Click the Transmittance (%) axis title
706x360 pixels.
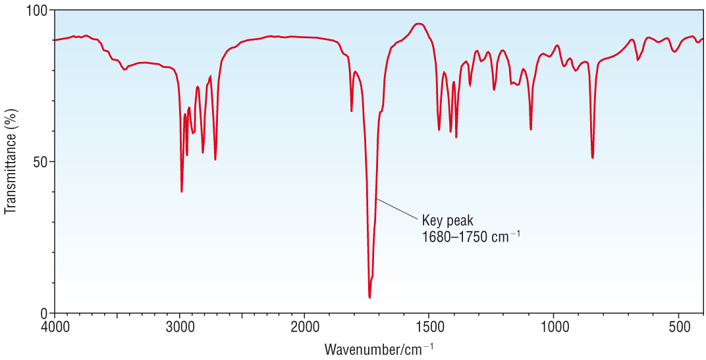(x=11, y=162)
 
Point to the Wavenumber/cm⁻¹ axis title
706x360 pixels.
(x=379, y=348)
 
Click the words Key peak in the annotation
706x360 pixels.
(x=447, y=220)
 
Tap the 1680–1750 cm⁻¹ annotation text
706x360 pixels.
(x=471, y=236)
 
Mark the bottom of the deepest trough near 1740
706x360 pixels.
(x=369, y=297)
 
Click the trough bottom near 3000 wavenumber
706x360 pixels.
(x=182, y=192)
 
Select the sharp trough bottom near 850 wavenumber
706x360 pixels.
(x=593, y=158)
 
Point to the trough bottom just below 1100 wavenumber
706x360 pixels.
(x=531, y=130)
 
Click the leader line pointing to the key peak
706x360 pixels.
(x=396, y=209)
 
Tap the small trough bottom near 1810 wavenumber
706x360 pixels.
(x=352, y=111)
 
